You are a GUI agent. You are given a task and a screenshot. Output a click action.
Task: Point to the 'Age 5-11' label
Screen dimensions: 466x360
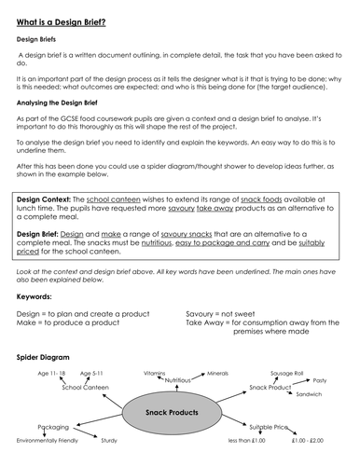click(97, 373)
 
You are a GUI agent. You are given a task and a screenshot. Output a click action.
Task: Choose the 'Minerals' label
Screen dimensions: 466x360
click(217, 372)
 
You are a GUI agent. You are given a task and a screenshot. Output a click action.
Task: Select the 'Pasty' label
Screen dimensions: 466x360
click(319, 380)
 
